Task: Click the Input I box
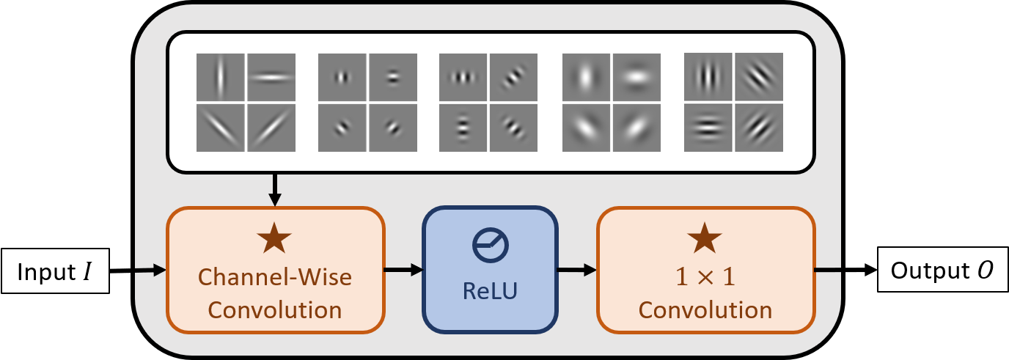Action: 56,271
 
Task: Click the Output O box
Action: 942,269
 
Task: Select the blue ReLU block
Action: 490,270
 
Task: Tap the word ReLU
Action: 490,290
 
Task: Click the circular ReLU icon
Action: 490,246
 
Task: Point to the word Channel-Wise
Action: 275,276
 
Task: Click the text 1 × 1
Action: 705,276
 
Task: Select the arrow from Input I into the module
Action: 138,271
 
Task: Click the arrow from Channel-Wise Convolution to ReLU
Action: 403,270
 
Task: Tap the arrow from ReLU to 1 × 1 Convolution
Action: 577,270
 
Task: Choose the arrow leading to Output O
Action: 845,270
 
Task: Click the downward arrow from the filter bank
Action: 274,190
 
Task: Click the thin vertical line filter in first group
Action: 220,77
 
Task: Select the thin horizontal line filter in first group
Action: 271,77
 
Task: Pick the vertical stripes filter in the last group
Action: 708,76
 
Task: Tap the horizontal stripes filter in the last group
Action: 708,128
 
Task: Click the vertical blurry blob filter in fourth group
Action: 586,77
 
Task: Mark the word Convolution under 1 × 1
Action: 705,310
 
